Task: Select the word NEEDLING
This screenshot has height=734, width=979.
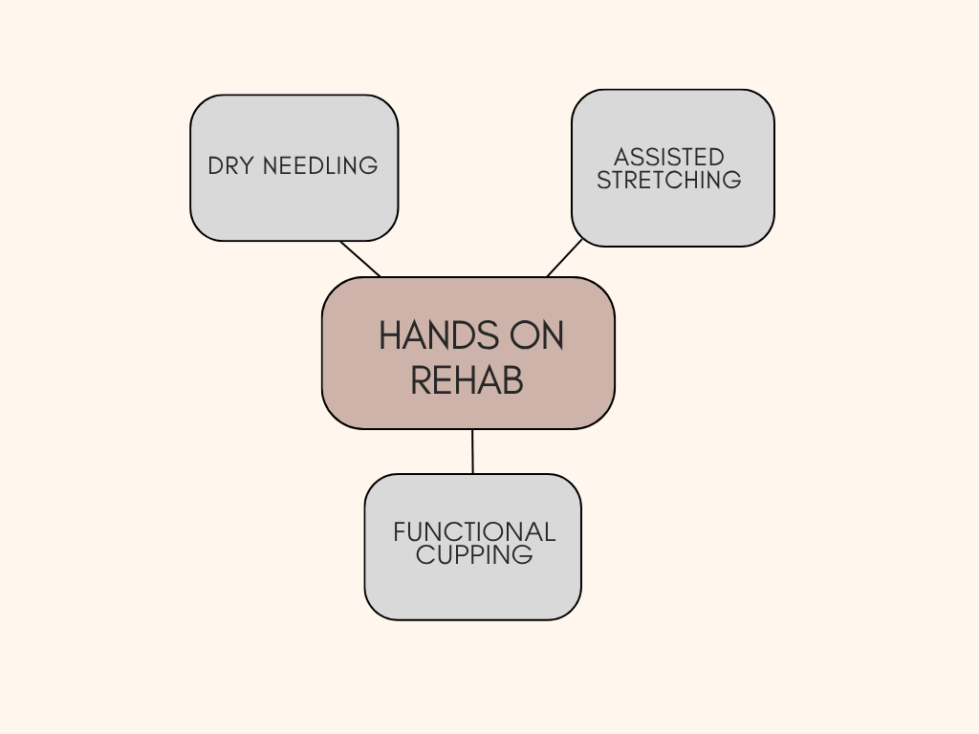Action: coord(320,166)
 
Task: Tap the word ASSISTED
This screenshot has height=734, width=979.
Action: coord(668,157)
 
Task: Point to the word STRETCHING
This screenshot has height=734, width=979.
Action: coord(668,180)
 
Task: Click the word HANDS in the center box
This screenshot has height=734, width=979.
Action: coord(439,335)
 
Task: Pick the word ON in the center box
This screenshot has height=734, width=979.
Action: coord(537,335)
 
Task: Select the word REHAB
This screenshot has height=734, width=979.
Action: coord(467,380)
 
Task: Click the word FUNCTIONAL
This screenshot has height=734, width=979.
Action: coord(474,532)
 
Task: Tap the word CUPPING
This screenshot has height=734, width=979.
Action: coord(474,555)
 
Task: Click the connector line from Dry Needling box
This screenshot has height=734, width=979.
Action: coord(360,259)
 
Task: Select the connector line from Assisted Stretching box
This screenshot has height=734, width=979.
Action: coord(564,258)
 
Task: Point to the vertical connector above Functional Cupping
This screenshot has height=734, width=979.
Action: coord(472,451)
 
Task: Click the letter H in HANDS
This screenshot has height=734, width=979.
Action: coord(391,335)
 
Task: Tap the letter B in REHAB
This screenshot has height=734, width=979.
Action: coord(513,380)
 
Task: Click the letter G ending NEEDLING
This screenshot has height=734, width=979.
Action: coord(369,166)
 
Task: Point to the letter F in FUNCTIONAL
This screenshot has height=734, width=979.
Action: coord(400,532)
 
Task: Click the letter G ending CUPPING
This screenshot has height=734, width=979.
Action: coord(524,555)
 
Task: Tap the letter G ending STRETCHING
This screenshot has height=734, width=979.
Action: coord(732,180)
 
